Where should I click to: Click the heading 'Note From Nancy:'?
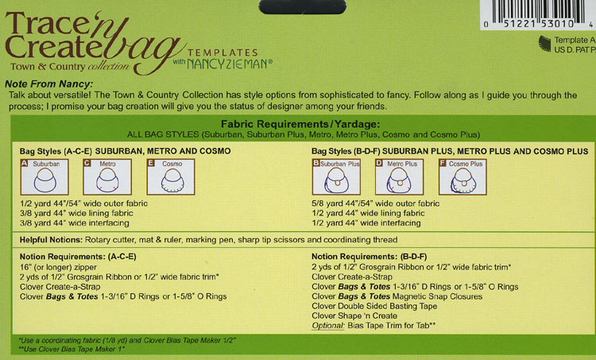pos(49,83)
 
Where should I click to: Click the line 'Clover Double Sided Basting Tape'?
pos(376,306)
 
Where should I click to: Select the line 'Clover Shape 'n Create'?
pos(355,315)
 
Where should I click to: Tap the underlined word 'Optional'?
pos(328,326)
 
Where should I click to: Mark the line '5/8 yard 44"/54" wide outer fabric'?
pos(375,203)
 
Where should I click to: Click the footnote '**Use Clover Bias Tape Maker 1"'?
pos(72,349)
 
